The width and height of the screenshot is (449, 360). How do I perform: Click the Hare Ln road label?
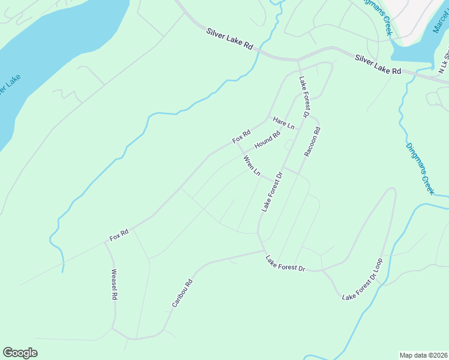click(283, 123)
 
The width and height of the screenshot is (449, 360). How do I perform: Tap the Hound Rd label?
click(267, 140)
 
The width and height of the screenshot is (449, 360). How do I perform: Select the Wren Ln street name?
click(252, 166)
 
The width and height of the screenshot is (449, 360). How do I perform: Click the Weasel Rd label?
click(113, 284)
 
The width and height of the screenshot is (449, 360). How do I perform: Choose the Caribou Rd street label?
click(181, 293)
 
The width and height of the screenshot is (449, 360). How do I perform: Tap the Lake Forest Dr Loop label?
click(362, 281)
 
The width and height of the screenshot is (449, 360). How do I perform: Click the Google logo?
click(20, 353)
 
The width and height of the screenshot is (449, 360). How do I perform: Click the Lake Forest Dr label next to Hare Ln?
click(304, 97)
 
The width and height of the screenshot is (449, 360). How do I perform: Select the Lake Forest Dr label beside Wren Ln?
click(271, 192)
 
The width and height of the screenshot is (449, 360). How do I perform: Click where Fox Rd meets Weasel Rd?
click(106, 242)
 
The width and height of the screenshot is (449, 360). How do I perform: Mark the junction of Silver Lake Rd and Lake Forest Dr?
click(298, 61)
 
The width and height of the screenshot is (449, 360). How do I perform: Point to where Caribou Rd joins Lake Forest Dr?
click(264, 251)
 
